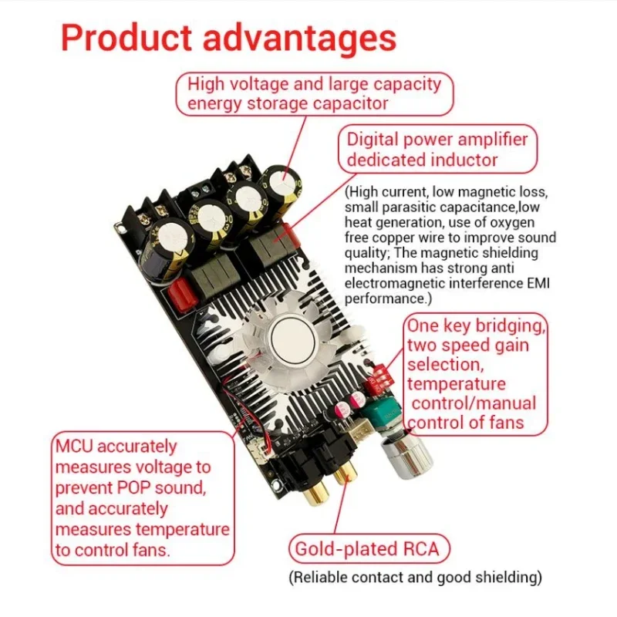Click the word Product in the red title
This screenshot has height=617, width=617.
tap(126, 38)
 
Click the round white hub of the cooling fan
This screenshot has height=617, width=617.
tap(293, 339)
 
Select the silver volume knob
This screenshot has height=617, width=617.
tap(407, 457)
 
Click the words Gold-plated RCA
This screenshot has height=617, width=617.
tap(367, 549)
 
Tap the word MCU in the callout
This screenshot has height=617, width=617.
tap(74, 447)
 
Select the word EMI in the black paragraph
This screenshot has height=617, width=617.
tap(538, 283)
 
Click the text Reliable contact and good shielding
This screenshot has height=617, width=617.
tap(416, 578)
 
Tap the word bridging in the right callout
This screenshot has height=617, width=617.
tap(511, 326)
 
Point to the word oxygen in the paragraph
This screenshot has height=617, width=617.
tap(512, 223)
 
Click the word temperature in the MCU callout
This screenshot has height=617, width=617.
tap(182, 530)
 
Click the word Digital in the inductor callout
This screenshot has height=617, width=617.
tap(373, 140)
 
